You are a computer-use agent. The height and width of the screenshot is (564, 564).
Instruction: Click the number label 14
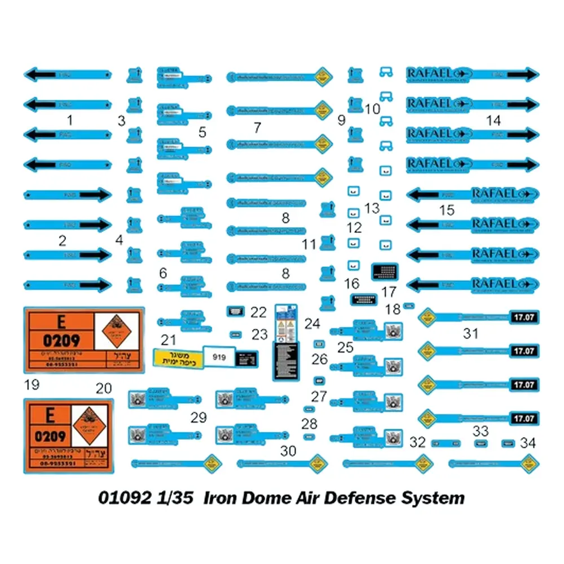493,120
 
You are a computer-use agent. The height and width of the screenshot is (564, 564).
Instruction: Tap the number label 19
32,385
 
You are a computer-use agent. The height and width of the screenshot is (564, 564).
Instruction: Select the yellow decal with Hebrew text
178,356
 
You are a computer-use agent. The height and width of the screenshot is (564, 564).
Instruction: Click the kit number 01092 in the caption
125,498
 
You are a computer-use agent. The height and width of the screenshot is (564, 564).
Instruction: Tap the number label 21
169,340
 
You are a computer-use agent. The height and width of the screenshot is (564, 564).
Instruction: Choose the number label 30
288,451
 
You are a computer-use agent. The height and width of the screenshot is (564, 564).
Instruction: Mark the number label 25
346,347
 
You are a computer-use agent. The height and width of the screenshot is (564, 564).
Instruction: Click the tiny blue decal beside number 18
409,305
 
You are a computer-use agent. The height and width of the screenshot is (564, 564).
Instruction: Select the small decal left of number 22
235,311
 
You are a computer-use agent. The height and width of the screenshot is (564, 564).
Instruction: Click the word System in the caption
433,498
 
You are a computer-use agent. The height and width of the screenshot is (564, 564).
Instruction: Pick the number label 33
481,431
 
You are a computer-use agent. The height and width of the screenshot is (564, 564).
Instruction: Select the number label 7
257,127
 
